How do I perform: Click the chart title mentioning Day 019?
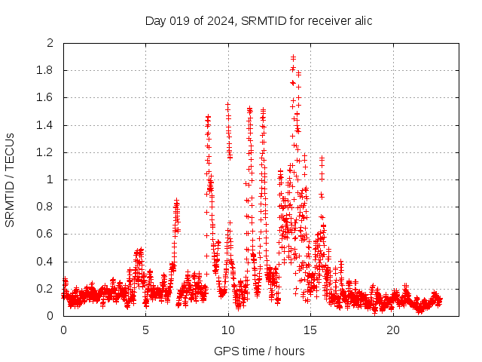[258, 20]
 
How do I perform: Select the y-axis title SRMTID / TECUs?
[11, 179]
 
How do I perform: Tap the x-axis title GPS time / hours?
[259, 351]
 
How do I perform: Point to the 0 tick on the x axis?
[63, 330]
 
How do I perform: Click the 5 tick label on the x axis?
[145, 330]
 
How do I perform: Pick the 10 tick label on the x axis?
[228, 330]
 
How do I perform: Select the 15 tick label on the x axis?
[310, 330]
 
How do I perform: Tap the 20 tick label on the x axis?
[393, 330]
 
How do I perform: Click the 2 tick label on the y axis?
[50, 43]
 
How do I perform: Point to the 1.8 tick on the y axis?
[46, 70]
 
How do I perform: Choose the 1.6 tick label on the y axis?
[46, 97]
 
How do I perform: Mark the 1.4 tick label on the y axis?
[46, 125]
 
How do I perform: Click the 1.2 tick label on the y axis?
[46, 152]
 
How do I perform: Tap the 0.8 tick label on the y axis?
[46, 207]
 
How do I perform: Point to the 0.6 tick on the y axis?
[46, 234]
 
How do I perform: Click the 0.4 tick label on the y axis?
[46, 262]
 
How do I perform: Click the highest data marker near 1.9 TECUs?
[292, 57]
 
